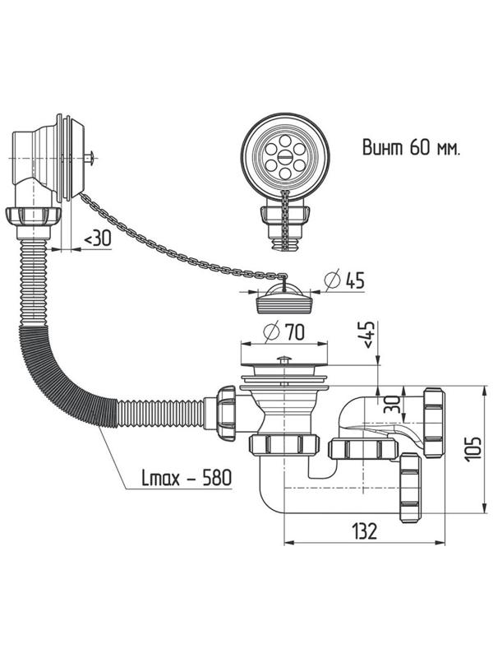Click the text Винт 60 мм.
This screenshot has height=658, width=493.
(x=410, y=149)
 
